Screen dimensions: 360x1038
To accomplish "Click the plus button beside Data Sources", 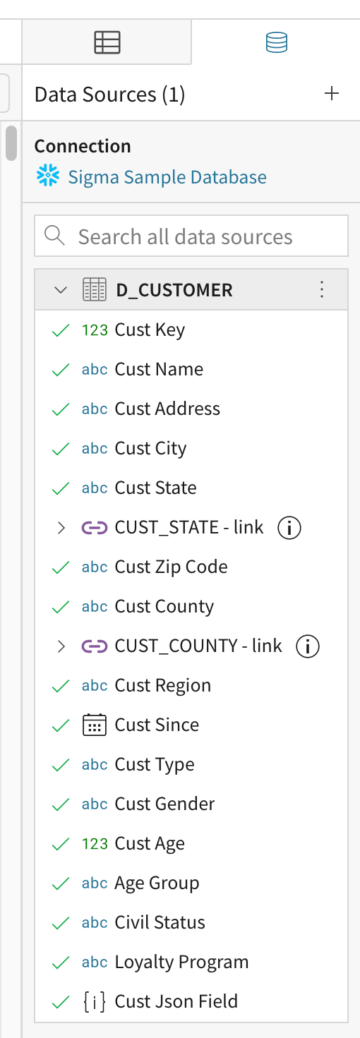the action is click(332, 94).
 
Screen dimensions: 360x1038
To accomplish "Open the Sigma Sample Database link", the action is click(167, 177).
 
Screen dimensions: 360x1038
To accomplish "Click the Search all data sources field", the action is click(191, 236).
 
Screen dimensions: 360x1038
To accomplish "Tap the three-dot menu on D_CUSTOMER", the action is click(322, 289).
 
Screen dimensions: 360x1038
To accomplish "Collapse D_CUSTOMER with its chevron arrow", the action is click(61, 290).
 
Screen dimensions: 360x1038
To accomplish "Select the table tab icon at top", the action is click(107, 42).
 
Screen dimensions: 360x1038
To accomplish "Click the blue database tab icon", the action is click(277, 42).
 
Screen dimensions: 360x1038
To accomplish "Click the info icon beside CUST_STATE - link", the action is click(289, 527).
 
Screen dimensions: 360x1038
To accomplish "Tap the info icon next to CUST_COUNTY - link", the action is click(308, 646).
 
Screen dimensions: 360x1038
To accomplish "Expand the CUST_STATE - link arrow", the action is click(61, 527).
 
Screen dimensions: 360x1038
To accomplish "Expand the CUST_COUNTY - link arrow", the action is click(61, 646).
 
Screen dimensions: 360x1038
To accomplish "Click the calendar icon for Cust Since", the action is click(95, 725).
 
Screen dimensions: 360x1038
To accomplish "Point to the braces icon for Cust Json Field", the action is click(95, 1002).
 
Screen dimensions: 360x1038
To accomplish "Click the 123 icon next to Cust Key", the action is click(95, 330).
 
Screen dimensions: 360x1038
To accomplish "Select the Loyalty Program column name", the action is click(181, 962).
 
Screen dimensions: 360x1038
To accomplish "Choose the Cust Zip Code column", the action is click(172, 567).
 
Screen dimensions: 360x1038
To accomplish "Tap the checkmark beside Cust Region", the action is click(61, 686).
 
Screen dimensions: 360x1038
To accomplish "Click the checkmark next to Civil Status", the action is click(61, 923).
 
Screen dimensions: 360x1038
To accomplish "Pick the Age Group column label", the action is click(157, 883).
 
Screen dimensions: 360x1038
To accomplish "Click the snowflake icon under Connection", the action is click(48, 176).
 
